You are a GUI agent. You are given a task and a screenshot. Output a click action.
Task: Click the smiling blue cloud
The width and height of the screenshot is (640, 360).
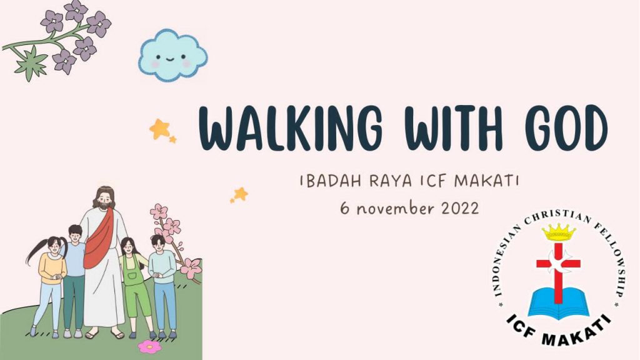[x=172, y=55]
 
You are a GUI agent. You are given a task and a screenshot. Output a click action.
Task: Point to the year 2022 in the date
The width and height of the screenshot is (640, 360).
[x=460, y=208]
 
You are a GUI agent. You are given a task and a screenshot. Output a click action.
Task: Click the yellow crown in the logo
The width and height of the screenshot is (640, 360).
[x=558, y=232]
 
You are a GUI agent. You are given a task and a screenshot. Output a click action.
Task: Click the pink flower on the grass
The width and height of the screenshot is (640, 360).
[x=149, y=346]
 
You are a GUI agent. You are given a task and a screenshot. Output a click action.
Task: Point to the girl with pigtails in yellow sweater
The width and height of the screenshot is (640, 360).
[x=48, y=286]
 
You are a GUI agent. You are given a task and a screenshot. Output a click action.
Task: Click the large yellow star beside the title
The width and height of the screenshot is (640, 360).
[x=159, y=129]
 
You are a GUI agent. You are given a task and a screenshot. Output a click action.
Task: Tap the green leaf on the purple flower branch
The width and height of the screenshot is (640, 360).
[x=31, y=63]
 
